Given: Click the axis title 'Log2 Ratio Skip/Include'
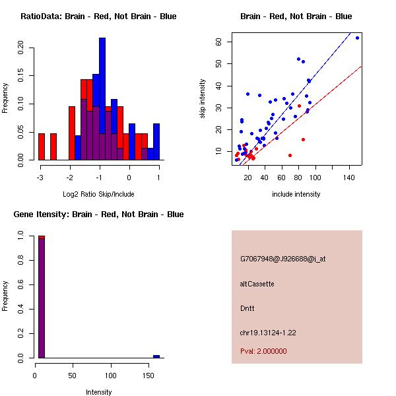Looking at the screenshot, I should coord(99,194).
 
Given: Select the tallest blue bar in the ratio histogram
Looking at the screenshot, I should coord(102,99).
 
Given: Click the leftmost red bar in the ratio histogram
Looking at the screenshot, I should coord(42,147).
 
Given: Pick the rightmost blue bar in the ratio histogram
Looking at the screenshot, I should coord(156,141).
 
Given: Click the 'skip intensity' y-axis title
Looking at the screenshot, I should coord(203,99).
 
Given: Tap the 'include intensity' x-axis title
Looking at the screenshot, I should coord(296,194).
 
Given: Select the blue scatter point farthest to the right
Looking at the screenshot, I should coord(357,38).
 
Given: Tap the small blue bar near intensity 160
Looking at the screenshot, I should coord(156,356).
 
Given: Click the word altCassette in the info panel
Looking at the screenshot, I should coord(257,284).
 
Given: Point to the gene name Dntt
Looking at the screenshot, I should coord(247,308).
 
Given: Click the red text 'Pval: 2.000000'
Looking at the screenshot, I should coord(263,351).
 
